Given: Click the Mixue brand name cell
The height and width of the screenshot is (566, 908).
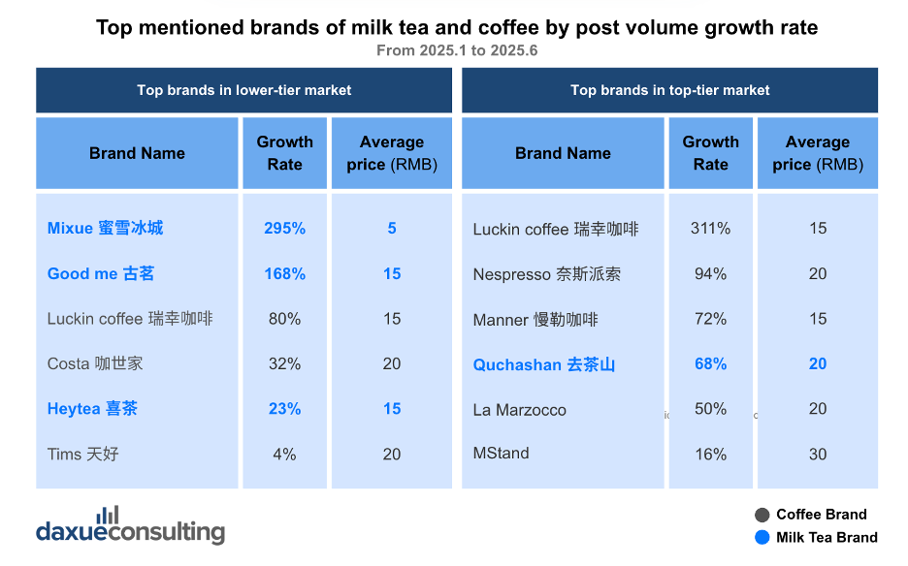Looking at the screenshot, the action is tap(105, 228).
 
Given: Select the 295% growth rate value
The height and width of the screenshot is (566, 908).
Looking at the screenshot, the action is tap(284, 228).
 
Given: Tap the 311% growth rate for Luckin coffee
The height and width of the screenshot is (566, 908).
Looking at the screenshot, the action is tap(710, 228).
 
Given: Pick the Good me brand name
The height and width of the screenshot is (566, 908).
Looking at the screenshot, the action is tap(101, 273).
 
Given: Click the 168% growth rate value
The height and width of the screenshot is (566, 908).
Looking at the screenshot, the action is tap(284, 273).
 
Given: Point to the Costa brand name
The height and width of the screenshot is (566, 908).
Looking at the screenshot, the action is tap(95, 363).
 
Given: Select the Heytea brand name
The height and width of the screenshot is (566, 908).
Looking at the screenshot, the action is tap(92, 409).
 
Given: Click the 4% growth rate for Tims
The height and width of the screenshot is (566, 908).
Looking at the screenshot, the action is tap(284, 454).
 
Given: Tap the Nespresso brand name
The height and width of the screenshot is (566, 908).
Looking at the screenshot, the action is tap(547, 273).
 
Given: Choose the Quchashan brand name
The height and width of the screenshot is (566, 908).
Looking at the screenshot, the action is tap(544, 364).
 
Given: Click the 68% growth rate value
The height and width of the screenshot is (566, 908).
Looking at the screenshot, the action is tap(710, 363).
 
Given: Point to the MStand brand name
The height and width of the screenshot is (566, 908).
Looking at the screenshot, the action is tap(501, 453).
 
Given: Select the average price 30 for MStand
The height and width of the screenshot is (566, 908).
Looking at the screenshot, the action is tap(818, 454).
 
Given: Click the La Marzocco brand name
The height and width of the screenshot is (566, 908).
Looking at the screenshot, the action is tap(519, 410).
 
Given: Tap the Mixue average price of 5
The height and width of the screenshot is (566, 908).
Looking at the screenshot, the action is tap(392, 228).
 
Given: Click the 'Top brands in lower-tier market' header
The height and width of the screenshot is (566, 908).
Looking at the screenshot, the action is tap(243, 90).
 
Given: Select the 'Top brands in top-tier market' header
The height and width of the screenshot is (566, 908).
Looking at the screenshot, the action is tap(670, 90).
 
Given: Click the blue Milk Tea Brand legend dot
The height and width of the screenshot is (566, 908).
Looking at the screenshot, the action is tap(762, 537).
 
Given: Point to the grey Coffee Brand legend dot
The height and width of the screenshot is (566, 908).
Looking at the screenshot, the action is tap(762, 515).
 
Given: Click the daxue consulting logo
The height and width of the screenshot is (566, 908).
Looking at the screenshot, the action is tap(130, 525).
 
